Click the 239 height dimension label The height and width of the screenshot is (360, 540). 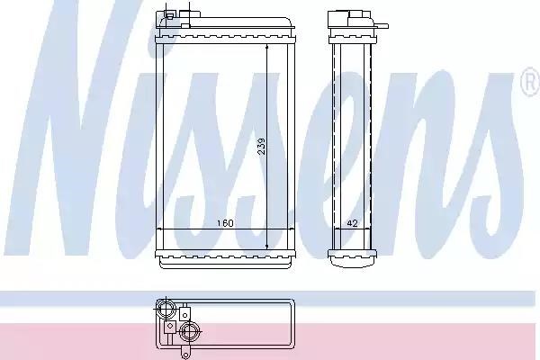tap(262, 147)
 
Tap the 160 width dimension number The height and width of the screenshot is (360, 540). tap(225, 223)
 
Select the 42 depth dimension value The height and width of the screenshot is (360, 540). tap(352, 223)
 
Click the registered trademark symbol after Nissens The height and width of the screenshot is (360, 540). tap(530, 82)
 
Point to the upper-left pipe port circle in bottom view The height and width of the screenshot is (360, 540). tap(166, 309)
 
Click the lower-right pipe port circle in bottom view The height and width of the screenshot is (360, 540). tap(189, 332)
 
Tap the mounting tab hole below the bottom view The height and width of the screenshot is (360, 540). tap(185, 355)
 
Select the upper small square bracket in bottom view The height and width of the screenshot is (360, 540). tap(184, 314)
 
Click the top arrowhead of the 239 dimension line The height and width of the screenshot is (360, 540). tap(267, 48)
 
